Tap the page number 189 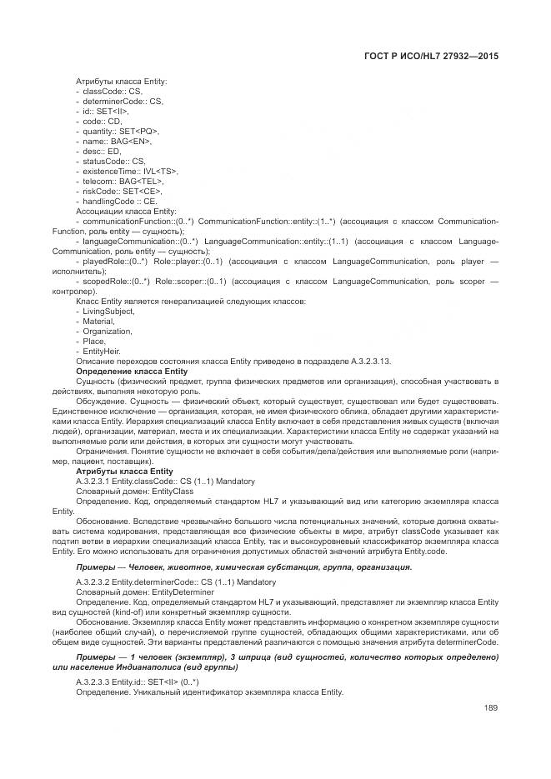(490, 708)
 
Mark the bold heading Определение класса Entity (132, 371)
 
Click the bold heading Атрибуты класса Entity (124, 472)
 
